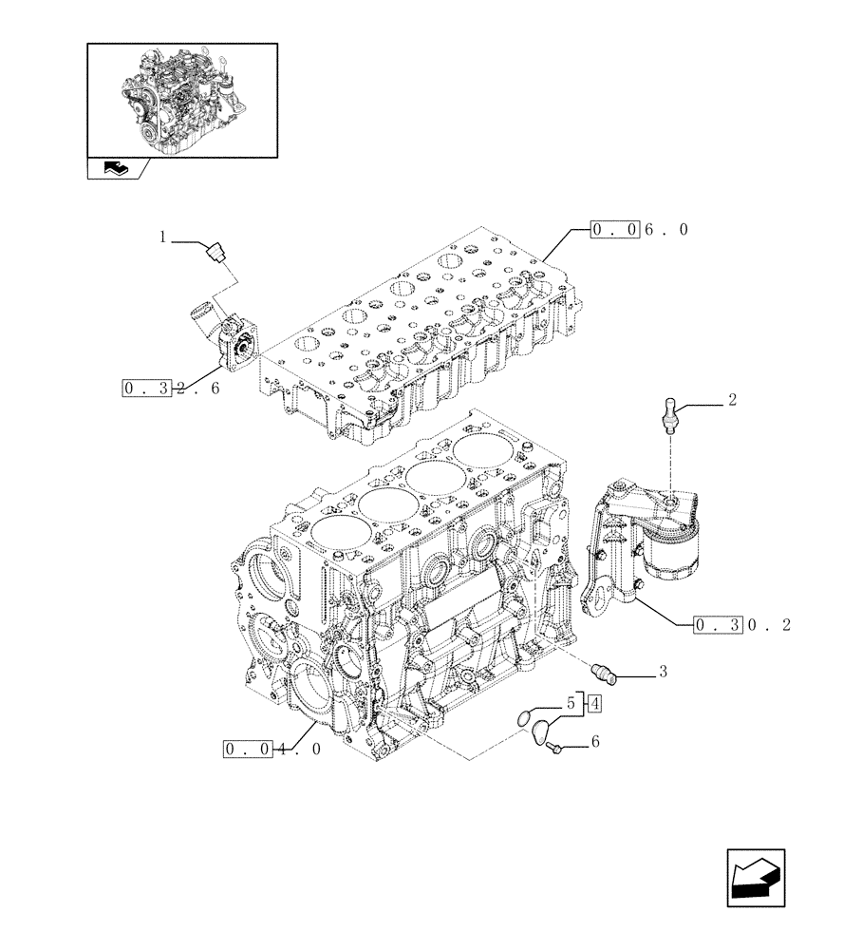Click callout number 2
coord(732,401)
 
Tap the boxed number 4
coord(593,704)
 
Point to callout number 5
coord(572,704)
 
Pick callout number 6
coord(594,743)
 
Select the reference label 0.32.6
coord(171,388)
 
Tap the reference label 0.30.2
coord(742,625)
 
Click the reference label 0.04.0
coord(273,749)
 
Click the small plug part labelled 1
coord(215,252)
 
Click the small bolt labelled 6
coord(555,750)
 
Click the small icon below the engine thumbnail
coord(114,168)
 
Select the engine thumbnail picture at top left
coord(182,100)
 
